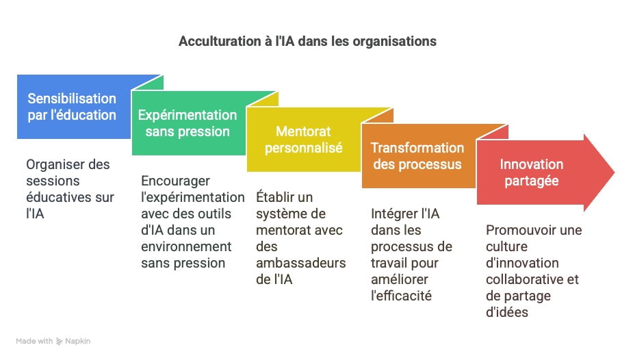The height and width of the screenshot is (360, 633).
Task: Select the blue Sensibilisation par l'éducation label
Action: coord(72,107)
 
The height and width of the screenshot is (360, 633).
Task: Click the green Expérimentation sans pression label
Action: coord(188,123)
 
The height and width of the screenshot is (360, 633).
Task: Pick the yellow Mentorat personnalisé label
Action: coord(303,140)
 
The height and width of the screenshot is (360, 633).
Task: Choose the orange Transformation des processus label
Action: coord(417,156)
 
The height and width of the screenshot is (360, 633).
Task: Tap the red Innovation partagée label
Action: coord(531,172)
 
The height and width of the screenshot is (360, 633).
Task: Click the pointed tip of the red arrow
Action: coord(614,172)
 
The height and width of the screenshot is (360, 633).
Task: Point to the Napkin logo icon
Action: coord(59,342)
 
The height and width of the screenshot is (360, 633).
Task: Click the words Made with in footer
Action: coord(34,341)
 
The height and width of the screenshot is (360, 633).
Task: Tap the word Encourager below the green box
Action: coord(175,181)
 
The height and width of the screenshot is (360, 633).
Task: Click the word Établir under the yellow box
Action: coord(273,197)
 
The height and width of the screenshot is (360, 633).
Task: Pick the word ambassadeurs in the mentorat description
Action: coord(300,263)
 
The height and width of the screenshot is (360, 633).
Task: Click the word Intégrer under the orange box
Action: coord(389,214)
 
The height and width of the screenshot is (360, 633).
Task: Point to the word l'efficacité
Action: coord(401,296)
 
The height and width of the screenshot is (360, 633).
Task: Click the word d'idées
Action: coord(507,312)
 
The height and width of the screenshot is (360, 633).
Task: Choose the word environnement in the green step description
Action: coord(186,246)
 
